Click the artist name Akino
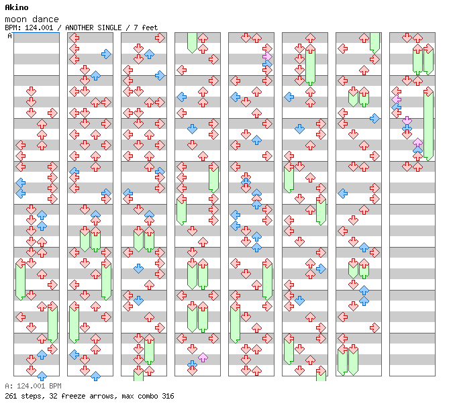pos(17,7)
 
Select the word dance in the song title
pos(46,19)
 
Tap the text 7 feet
pos(146,28)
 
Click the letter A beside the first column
pos(10,36)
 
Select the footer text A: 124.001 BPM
pos(33,386)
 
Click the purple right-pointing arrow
pos(267,56)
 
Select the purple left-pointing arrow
pos(397,99)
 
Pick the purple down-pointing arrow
pos(407,121)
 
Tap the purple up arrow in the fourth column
pos(203,358)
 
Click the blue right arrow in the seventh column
pos(374,118)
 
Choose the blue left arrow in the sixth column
pos(289,97)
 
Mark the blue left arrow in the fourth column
pos(181,97)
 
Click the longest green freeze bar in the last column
pos(428,126)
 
